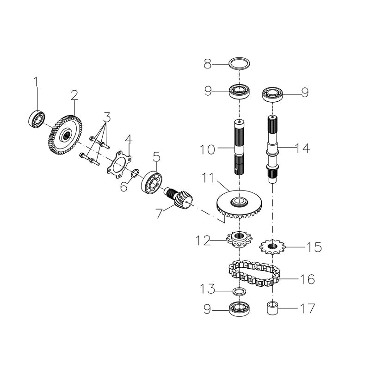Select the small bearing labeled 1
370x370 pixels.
37,119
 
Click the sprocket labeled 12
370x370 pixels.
239,240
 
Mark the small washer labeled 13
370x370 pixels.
239,291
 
